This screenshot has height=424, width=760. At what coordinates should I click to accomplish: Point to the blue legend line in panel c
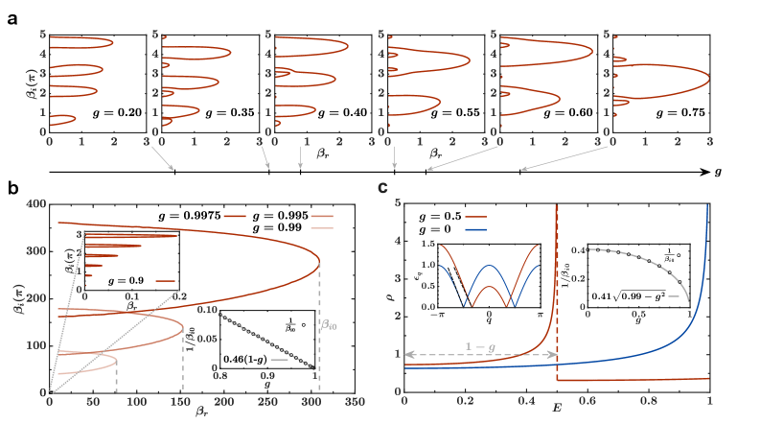[x=477, y=230]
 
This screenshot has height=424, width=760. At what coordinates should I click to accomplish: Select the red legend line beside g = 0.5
[x=477, y=218]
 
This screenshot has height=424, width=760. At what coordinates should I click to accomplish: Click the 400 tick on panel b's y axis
[x=37, y=204]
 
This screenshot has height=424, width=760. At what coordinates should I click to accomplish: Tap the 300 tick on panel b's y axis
[x=37, y=251]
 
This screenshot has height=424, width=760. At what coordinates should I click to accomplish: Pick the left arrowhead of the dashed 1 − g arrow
[x=403, y=354]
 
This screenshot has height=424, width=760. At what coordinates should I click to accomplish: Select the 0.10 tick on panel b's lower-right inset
[x=207, y=311]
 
